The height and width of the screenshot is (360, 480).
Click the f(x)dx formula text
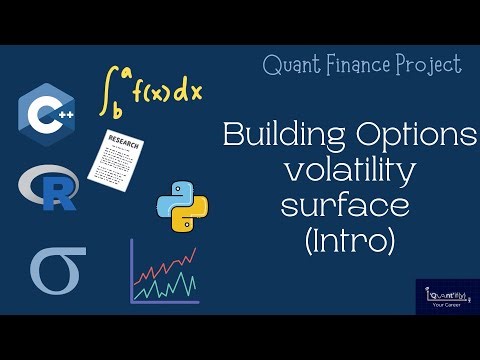click(165, 93)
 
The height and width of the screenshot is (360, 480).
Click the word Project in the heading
click(432, 66)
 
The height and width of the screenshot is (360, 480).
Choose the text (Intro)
click(346, 243)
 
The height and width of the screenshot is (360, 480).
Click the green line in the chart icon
click(165, 286)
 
